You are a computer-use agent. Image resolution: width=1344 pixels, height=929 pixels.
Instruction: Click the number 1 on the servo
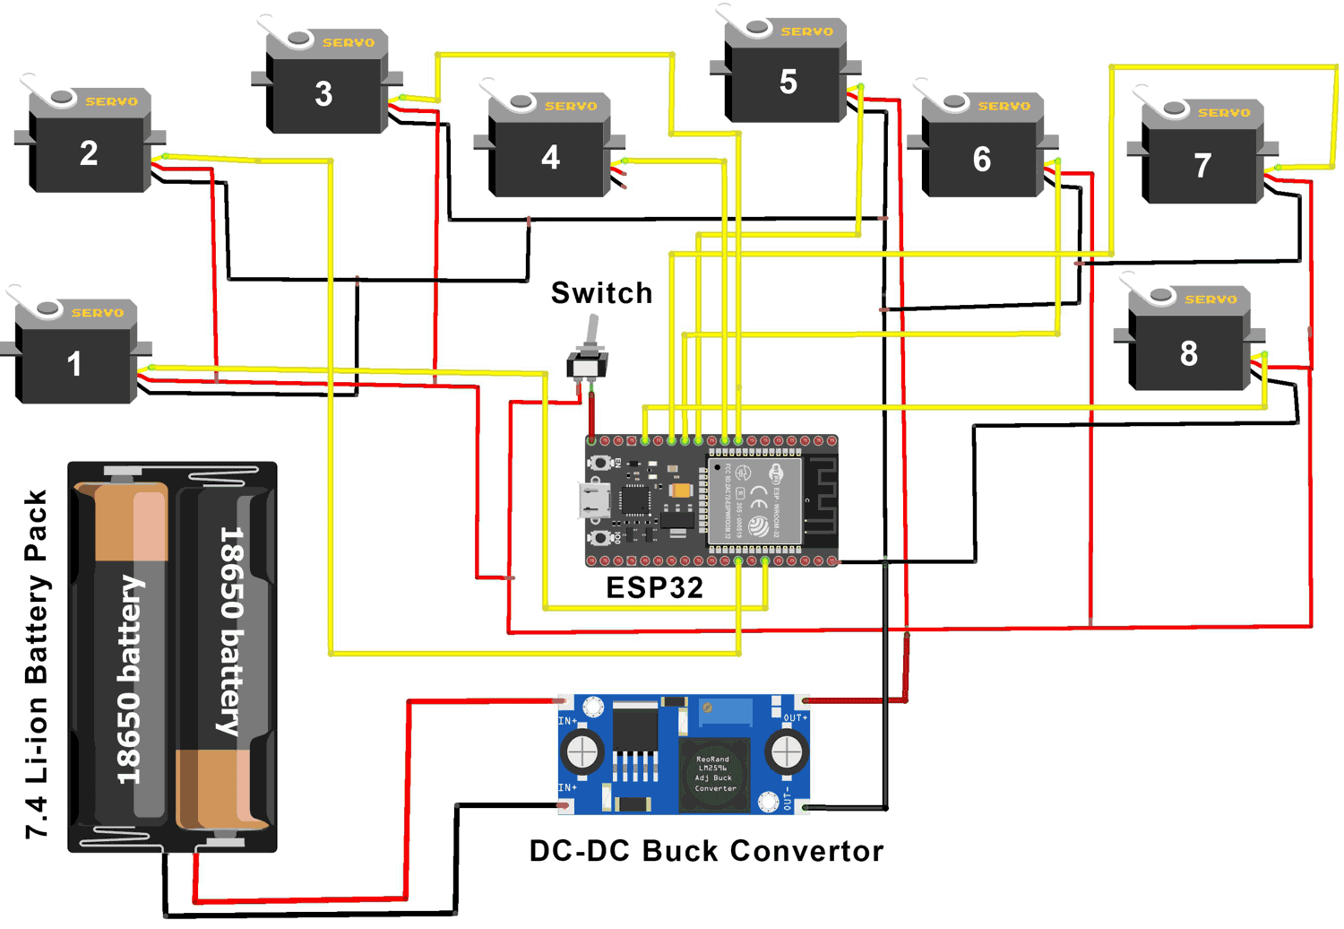[x=74, y=364]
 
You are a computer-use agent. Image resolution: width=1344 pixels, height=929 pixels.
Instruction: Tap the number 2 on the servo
[x=89, y=153]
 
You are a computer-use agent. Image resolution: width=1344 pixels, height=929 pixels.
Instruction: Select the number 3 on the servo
[x=323, y=94]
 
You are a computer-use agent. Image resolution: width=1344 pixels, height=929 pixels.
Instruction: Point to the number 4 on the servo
[x=550, y=158]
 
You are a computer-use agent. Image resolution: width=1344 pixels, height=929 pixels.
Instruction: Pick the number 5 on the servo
[x=788, y=82]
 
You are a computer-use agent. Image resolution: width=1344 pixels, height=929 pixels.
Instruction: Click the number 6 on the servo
[x=982, y=160]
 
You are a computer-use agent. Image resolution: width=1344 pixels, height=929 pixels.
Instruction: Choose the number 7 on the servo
[x=1202, y=165]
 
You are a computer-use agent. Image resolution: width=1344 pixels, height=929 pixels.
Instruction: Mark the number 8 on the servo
[x=1188, y=353]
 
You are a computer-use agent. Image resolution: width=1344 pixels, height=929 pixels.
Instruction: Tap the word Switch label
[x=601, y=293]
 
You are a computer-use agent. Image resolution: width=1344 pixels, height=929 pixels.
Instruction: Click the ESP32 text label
[x=654, y=588]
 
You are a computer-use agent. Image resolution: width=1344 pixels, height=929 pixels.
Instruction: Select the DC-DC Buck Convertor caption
[x=706, y=851]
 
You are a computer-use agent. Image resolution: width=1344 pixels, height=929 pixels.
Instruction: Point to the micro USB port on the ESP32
[x=592, y=500]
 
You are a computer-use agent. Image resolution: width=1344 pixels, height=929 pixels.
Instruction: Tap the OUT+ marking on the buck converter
[x=795, y=718]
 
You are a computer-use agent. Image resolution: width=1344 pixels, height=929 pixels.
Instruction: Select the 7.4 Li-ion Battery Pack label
[x=37, y=664]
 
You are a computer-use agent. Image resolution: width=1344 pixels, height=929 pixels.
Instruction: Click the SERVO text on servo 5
[x=806, y=31]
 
